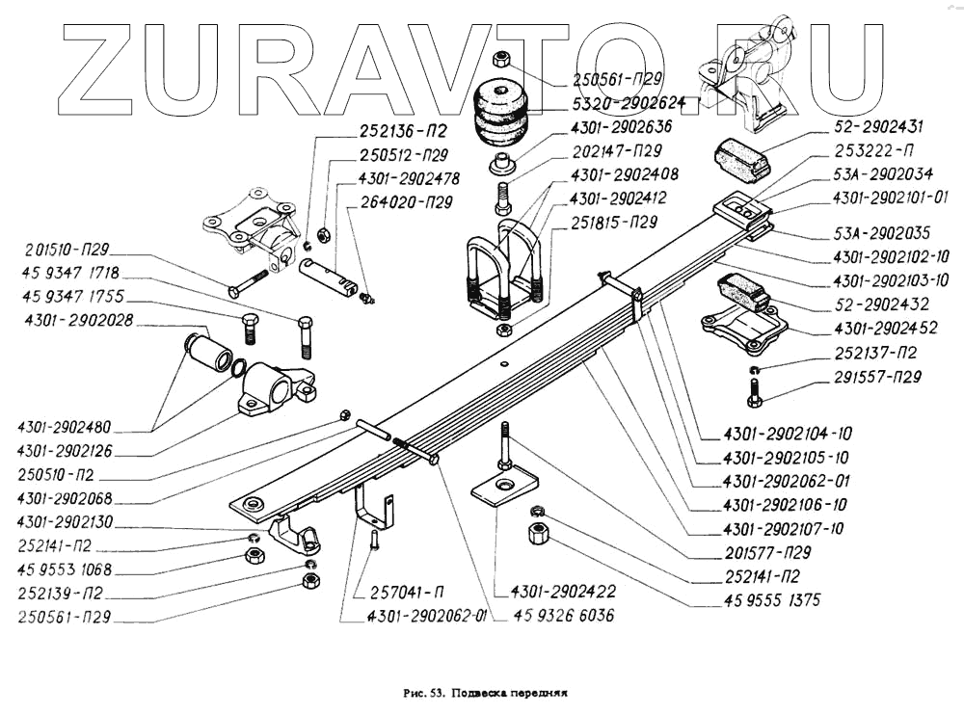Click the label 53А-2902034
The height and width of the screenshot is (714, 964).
[878, 174]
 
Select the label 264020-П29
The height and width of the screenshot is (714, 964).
[407, 202]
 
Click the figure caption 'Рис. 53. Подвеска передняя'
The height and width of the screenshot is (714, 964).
[484, 692]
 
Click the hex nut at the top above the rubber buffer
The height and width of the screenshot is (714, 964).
[502, 60]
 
